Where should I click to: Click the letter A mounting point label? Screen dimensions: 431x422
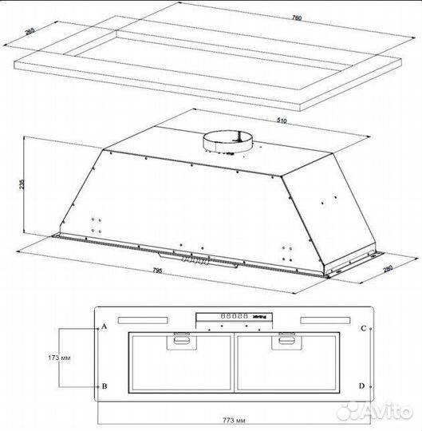105,328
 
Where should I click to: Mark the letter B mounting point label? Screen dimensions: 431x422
105,386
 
